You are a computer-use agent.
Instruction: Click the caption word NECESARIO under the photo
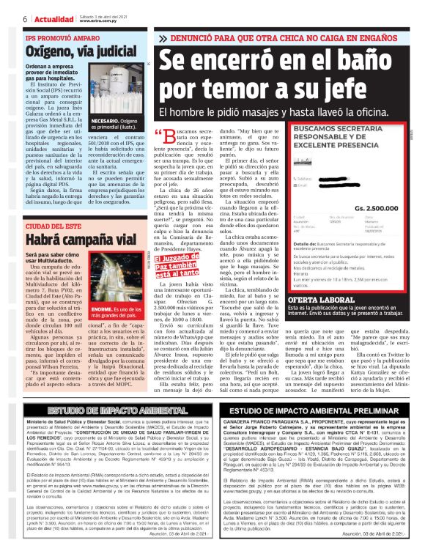pos(105,119)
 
